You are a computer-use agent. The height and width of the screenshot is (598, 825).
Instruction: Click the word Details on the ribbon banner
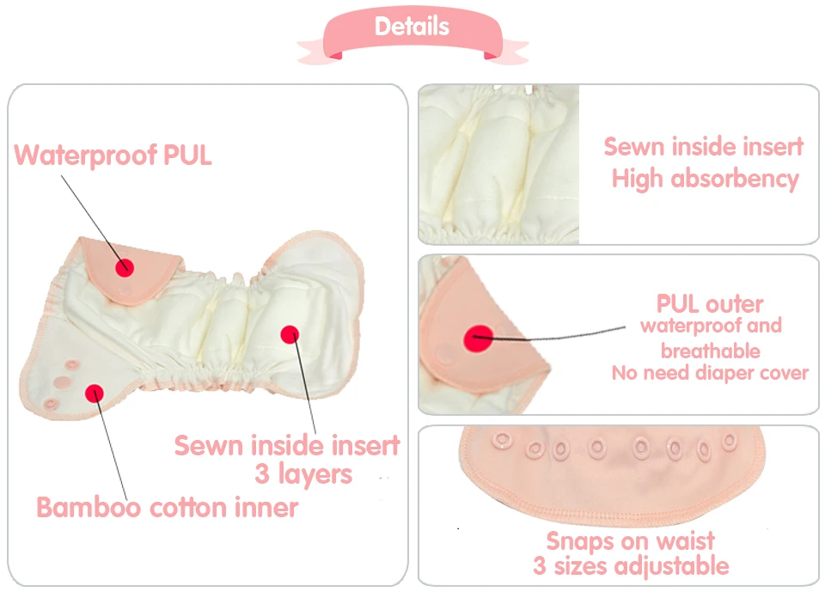(x=412, y=27)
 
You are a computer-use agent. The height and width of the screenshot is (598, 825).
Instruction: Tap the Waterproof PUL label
(x=113, y=156)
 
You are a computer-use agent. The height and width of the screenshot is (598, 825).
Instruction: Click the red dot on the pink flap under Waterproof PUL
(x=125, y=268)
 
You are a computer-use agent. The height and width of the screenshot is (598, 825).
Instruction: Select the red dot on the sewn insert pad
(x=290, y=334)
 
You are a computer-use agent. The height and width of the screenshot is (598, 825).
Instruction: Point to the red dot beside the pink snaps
(x=95, y=394)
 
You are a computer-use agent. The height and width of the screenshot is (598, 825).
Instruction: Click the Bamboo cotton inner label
(x=168, y=508)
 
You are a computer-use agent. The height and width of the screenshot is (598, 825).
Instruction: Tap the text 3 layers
(x=303, y=474)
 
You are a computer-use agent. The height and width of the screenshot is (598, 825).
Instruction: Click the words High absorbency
(x=705, y=179)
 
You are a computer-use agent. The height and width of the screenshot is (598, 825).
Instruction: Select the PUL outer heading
(x=710, y=303)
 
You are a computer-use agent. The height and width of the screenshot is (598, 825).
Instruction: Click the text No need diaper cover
(x=710, y=373)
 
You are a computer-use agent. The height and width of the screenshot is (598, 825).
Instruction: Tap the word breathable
(x=711, y=351)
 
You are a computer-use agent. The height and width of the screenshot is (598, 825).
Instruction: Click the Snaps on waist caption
(x=630, y=541)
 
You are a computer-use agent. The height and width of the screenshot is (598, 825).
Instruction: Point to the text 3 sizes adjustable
(x=631, y=566)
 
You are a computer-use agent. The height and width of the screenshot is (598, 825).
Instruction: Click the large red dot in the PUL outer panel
(x=479, y=339)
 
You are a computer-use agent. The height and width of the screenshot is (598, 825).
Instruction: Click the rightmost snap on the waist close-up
(x=730, y=442)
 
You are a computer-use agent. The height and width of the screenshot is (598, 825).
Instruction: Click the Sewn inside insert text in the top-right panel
(x=704, y=146)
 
